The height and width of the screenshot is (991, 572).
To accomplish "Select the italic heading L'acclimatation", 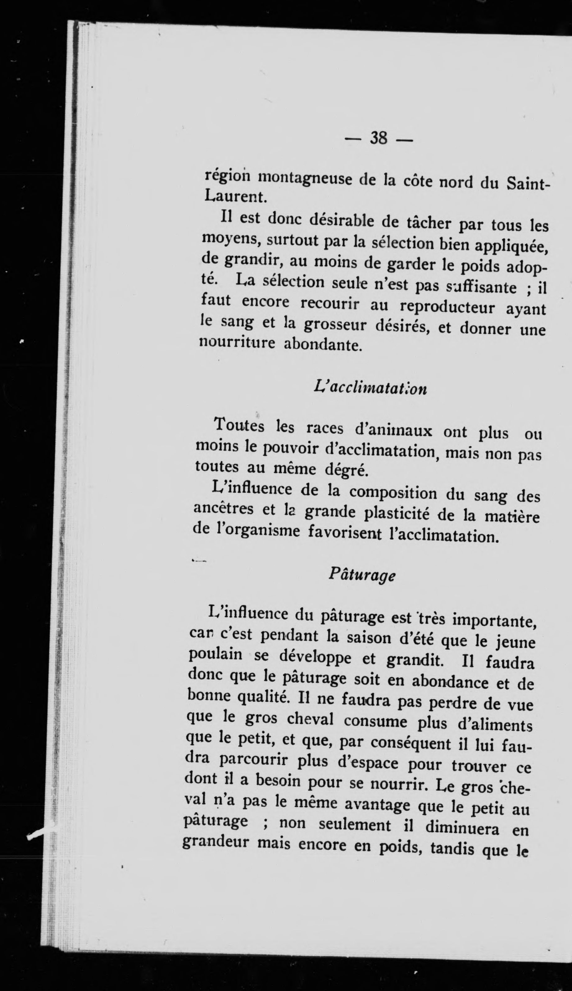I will pos(370,388).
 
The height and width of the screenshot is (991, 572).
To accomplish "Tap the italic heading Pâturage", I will pos(361,575).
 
